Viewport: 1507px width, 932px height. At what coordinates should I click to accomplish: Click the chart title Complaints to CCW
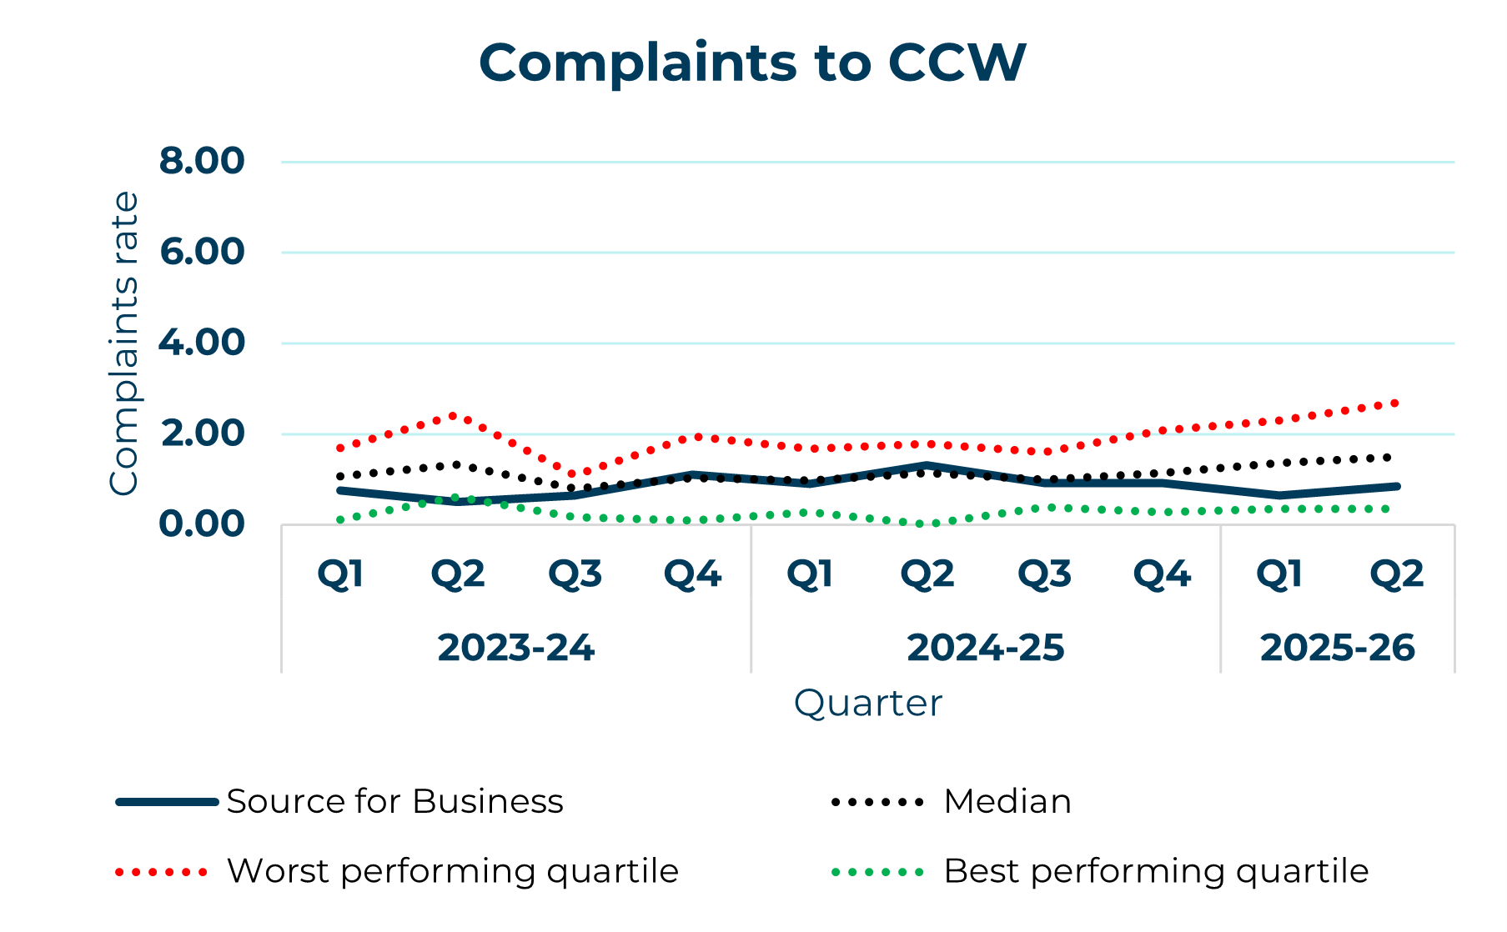click(752, 63)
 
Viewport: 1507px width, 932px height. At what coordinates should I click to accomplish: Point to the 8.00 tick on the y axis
click(202, 161)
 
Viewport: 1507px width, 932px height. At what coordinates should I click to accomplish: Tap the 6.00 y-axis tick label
click(202, 252)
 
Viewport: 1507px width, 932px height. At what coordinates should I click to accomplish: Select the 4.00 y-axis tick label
click(202, 343)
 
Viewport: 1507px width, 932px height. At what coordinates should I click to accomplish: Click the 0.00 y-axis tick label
click(202, 524)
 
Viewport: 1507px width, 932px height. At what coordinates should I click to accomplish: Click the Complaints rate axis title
click(124, 343)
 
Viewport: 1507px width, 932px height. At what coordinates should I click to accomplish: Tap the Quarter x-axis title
click(867, 703)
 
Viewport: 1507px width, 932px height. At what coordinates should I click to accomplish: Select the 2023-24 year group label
click(515, 648)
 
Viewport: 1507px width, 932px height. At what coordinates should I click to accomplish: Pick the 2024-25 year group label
click(985, 648)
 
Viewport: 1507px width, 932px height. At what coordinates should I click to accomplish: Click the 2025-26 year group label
click(1337, 648)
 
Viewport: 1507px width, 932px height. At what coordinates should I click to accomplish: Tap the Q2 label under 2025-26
click(1397, 574)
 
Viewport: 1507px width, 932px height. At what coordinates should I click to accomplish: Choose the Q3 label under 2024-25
click(1044, 574)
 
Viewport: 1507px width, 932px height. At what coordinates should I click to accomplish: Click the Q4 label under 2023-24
click(692, 574)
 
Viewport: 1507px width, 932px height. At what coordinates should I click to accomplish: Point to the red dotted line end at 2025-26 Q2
click(1395, 403)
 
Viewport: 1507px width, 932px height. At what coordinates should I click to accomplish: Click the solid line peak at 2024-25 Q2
click(927, 465)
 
